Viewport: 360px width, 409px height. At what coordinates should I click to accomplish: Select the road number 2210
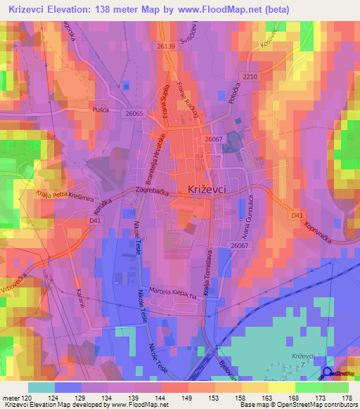click(x=250, y=76)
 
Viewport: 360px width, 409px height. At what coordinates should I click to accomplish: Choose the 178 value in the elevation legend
click(x=345, y=398)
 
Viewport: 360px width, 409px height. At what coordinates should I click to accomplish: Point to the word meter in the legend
click(x=11, y=398)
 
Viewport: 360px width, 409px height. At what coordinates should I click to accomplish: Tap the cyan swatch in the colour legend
click(x=41, y=387)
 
